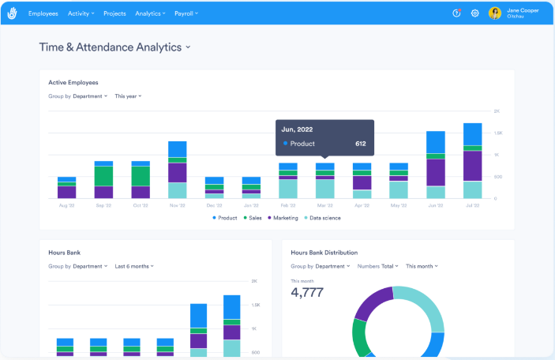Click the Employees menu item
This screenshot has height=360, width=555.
tap(43, 13)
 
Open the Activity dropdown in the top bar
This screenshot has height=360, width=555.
tap(81, 13)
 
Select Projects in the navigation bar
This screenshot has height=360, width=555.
tap(114, 13)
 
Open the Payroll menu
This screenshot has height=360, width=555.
tap(186, 13)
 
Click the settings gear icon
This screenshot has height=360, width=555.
tap(475, 13)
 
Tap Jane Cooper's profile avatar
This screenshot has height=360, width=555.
tap(495, 13)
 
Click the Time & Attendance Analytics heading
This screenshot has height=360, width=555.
tap(114, 47)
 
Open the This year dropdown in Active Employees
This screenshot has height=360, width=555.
tap(128, 96)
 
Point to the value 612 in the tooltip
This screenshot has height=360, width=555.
tap(360, 144)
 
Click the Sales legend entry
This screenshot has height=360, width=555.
tap(253, 217)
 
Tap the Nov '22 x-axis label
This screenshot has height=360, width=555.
tap(177, 204)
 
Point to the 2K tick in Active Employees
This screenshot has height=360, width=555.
tap(497, 111)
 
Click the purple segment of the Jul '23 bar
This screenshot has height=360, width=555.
tap(472, 166)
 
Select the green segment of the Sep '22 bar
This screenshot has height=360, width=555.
tap(103, 176)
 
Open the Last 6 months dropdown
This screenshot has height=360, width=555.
tap(133, 266)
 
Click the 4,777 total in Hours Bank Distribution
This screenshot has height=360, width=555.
tap(307, 293)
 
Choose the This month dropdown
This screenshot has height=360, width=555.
tap(422, 266)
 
